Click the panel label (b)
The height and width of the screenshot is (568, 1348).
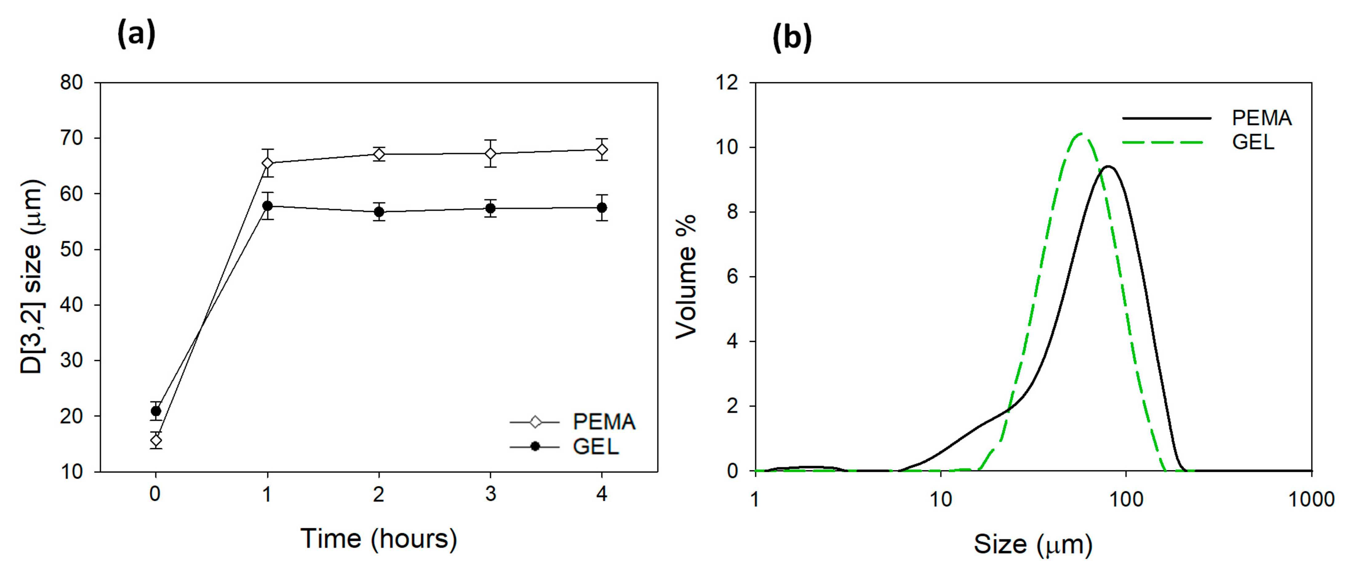792,37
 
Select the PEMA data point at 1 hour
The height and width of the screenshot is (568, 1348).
267,163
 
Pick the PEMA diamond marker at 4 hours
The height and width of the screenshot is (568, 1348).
602,150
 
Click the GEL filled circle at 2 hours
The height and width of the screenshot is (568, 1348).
379,212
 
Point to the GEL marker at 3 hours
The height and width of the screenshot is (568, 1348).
490,209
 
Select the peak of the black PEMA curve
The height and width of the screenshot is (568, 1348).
1108,167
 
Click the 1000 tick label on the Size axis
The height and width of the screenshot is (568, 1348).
1311,499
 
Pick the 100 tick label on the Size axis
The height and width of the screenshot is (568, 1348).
1126,499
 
